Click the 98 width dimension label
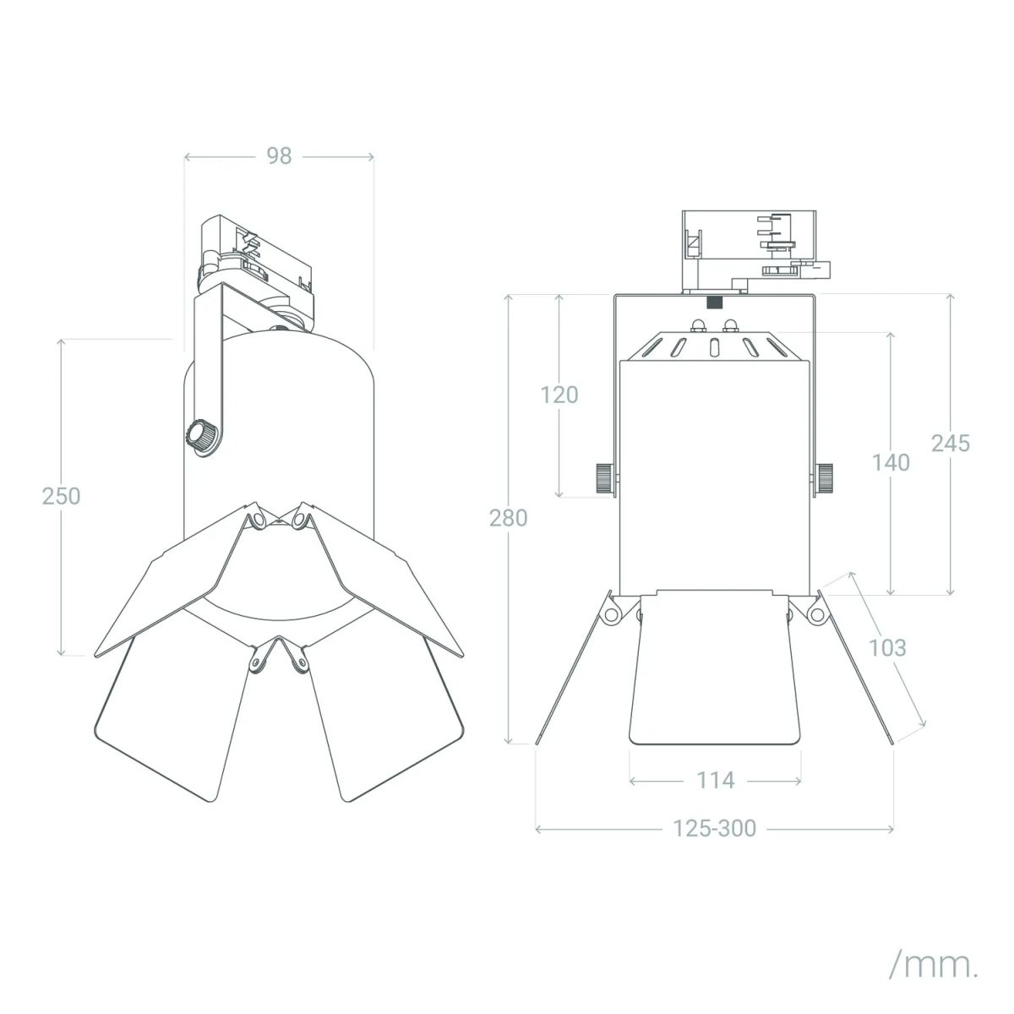point(279,155)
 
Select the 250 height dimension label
point(61,496)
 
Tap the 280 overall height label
point(509,518)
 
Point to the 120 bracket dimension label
point(559,395)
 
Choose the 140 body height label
point(891,462)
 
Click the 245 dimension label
point(951,444)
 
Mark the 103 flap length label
point(887,648)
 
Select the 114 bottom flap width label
point(716,781)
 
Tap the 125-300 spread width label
point(715,828)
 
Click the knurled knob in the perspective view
point(201,436)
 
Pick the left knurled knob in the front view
point(605,477)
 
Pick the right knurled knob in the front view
point(824,477)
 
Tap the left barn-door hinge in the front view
point(612,614)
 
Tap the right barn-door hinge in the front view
point(816,614)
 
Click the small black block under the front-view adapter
point(714,303)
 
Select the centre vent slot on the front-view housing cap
point(714,348)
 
